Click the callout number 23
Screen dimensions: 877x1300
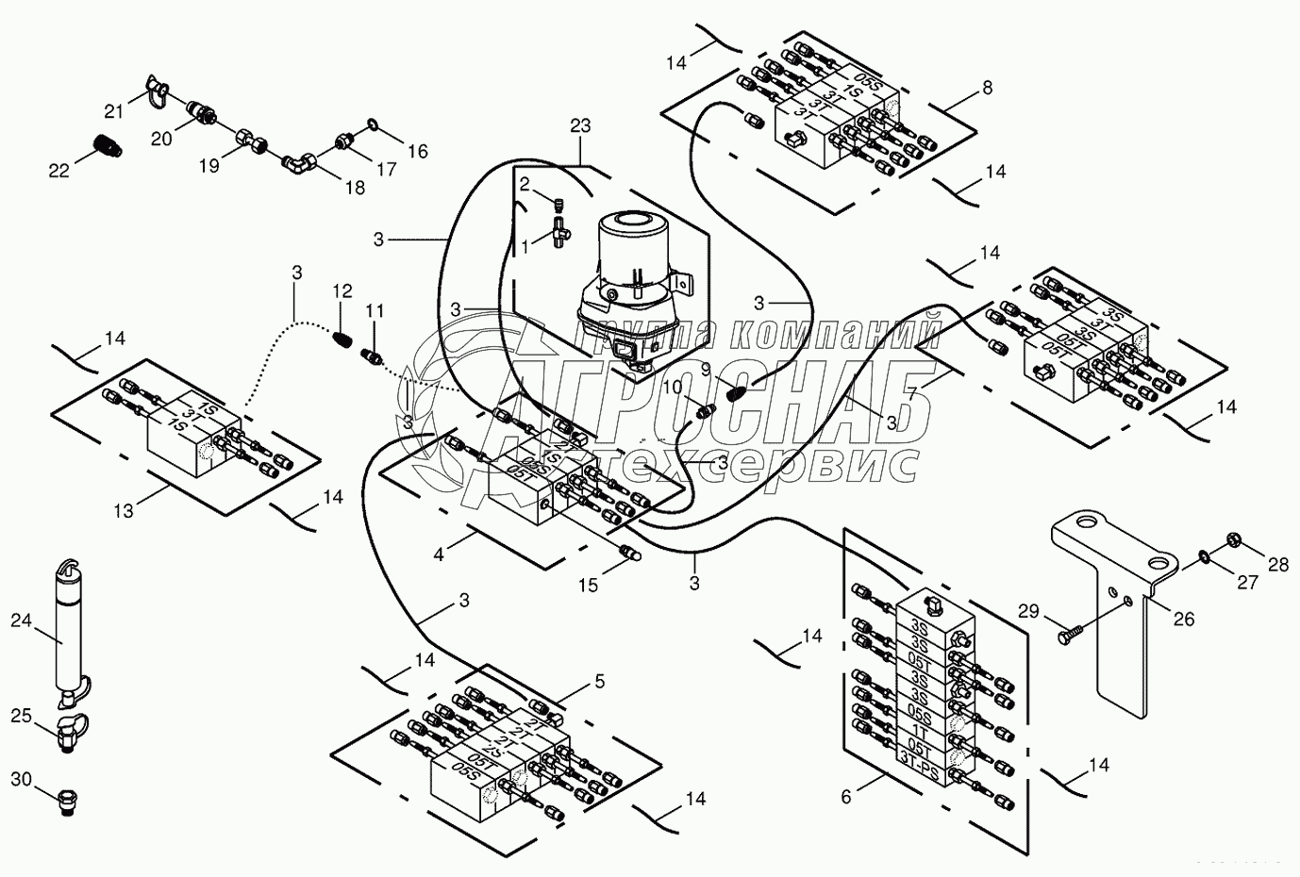(x=581, y=124)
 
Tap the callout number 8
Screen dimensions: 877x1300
(x=987, y=88)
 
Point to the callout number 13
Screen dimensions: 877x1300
(x=124, y=511)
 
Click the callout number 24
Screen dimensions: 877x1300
(x=21, y=620)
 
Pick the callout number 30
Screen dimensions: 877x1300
(x=21, y=779)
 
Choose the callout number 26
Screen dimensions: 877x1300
(x=1183, y=619)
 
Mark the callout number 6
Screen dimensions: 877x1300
(x=846, y=797)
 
